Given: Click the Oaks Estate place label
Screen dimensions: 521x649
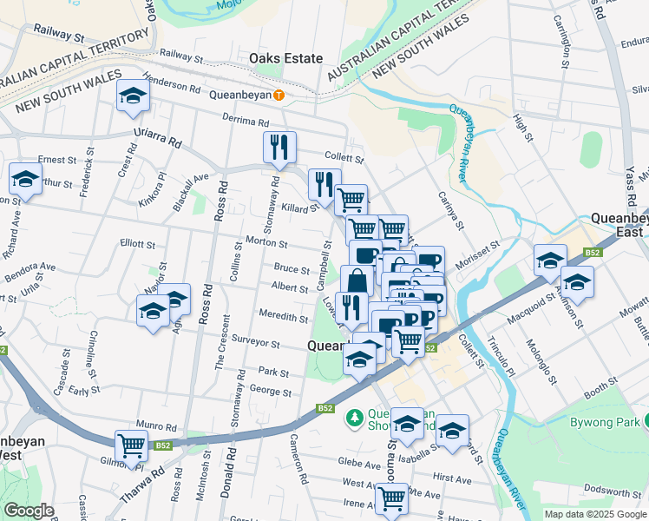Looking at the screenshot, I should point(285,58).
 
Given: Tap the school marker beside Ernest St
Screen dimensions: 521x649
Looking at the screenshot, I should point(26,180).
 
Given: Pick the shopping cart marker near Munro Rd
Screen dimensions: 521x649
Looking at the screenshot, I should point(132,446).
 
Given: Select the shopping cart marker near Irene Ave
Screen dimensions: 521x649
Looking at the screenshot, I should point(391,498).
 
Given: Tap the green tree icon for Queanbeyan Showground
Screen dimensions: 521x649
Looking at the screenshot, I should point(354,419).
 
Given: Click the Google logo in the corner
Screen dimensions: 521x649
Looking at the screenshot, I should point(29,511).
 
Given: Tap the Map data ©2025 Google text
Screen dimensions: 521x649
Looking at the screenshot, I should point(594,514).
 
